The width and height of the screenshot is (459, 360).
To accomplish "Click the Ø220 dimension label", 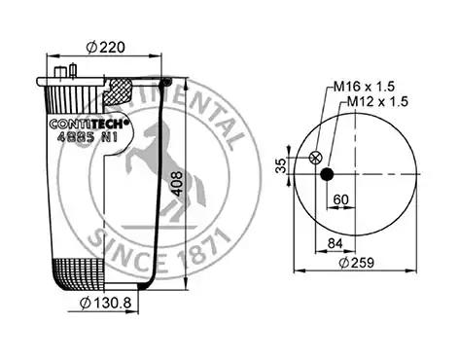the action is pyautogui.click(x=106, y=48).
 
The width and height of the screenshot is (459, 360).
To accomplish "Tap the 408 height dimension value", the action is pyautogui.click(x=177, y=184).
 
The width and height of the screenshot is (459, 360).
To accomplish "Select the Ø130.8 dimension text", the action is pyautogui.click(x=106, y=303).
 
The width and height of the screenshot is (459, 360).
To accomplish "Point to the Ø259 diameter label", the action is pyautogui.click(x=357, y=263).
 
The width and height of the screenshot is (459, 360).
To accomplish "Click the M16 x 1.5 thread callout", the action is pyautogui.click(x=365, y=87).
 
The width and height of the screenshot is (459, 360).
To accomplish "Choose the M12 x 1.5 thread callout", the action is pyautogui.click(x=377, y=102).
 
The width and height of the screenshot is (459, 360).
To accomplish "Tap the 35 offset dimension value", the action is pyautogui.click(x=281, y=165).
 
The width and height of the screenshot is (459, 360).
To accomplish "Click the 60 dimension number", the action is pyautogui.click(x=341, y=199).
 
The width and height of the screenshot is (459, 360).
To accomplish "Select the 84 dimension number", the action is pyautogui.click(x=335, y=243).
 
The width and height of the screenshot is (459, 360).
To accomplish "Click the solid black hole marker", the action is pyautogui.click(x=327, y=174).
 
